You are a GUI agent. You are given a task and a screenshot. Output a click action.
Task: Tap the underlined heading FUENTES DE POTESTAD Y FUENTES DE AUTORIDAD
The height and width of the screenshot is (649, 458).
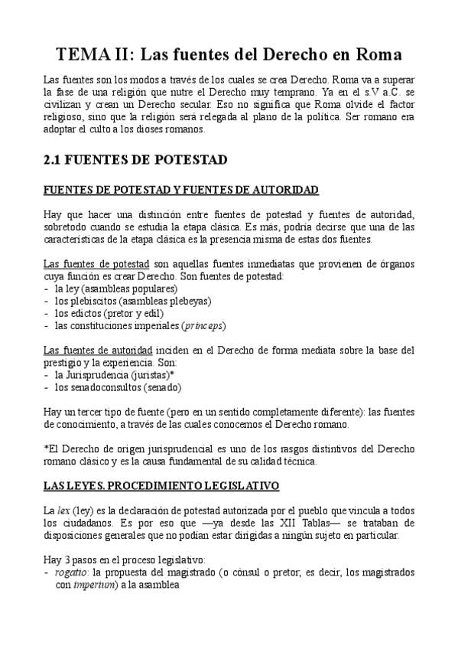(x=180, y=189)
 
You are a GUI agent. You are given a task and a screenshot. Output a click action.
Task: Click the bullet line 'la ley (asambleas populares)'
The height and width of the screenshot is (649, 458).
(x=115, y=289)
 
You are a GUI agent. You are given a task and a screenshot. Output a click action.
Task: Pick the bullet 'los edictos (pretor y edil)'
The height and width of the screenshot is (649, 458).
(x=113, y=313)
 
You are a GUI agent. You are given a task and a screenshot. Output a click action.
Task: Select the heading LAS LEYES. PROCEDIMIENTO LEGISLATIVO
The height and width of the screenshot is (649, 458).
(x=161, y=485)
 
